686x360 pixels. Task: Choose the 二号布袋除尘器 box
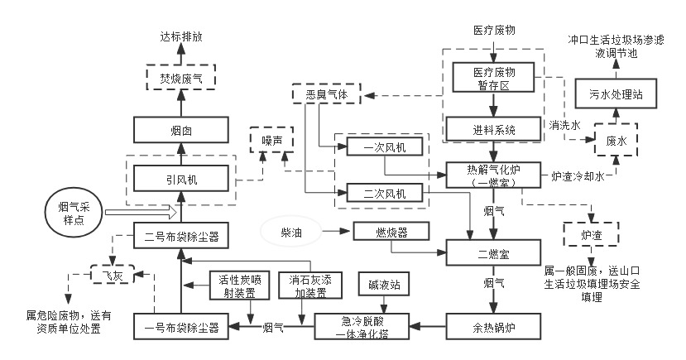click(x=181, y=235)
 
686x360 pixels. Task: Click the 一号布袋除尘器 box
click(x=181, y=329)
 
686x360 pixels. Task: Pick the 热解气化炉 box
click(x=494, y=175)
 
